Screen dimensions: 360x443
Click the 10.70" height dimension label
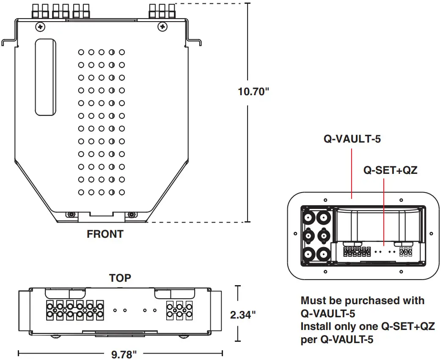click(x=253, y=91)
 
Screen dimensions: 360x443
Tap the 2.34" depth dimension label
click(x=242, y=315)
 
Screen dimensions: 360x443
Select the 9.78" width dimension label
click(x=124, y=354)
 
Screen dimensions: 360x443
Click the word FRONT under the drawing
click(x=105, y=234)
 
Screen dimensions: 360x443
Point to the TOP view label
click(x=120, y=278)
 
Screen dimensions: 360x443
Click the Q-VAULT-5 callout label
click(x=352, y=139)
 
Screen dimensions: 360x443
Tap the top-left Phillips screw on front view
click(x=40, y=27)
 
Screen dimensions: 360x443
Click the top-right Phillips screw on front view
click(x=162, y=27)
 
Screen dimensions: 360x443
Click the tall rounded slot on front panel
click(x=45, y=77)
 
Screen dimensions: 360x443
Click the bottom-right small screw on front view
click(x=131, y=214)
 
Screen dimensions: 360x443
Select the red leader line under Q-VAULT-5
click(x=352, y=173)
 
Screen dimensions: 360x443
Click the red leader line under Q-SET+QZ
click(x=383, y=212)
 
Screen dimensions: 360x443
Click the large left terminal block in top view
click(x=74, y=310)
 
